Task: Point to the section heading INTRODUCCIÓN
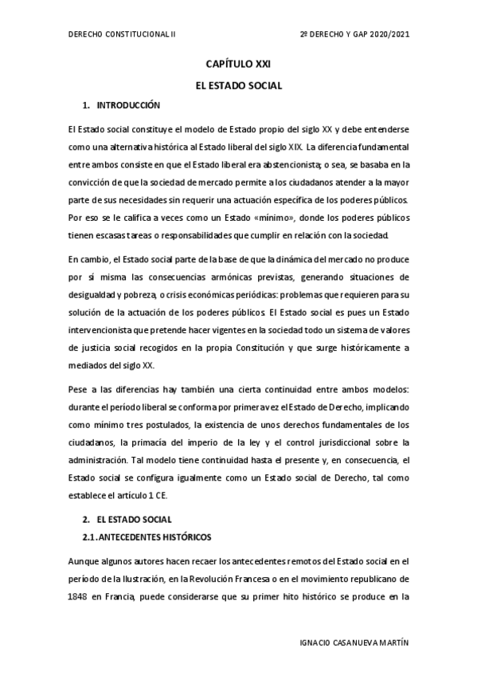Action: click(x=128, y=105)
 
